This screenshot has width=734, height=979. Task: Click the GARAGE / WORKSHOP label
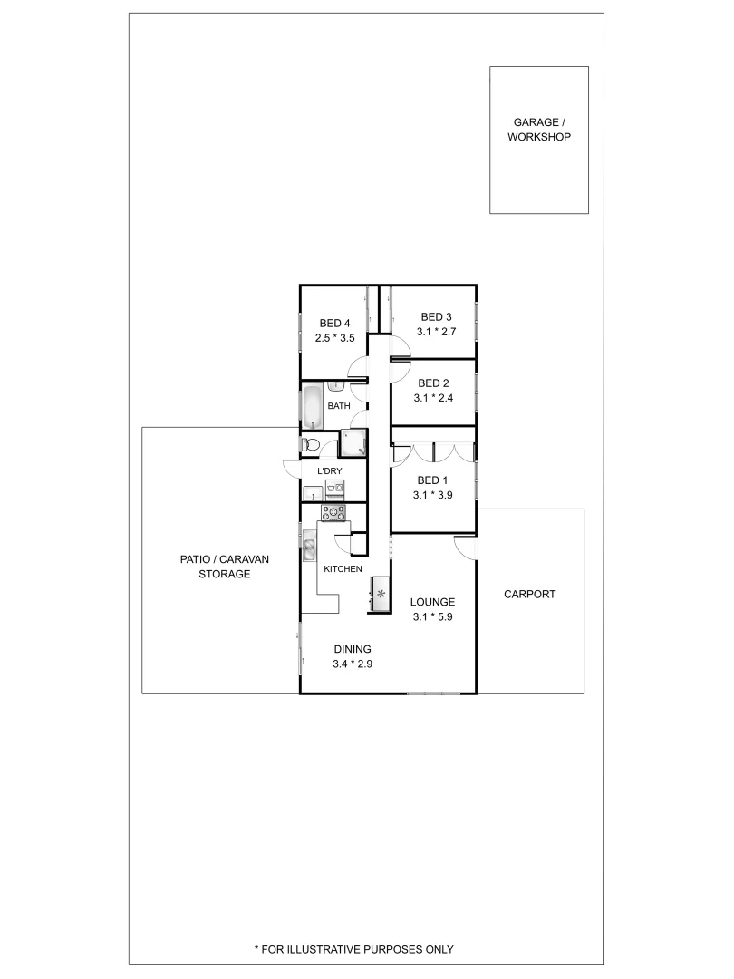click(538, 129)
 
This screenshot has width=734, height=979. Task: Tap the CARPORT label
click(529, 595)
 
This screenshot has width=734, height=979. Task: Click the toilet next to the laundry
click(310, 444)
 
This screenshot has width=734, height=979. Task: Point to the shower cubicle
click(352, 442)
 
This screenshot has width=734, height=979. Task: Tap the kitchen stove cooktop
click(334, 513)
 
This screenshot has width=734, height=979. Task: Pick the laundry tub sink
click(311, 494)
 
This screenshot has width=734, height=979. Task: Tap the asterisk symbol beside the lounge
click(381, 595)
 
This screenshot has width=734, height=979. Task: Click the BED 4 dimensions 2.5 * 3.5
click(334, 338)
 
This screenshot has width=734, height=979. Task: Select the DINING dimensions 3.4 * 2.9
click(353, 664)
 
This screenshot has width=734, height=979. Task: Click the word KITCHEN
click(343, 568)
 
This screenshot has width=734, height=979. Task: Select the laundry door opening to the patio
click(292, 468)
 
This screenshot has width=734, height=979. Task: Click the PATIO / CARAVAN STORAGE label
click(224, 567)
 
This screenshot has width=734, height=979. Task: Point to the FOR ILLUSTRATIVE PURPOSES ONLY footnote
click(353, 949)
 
